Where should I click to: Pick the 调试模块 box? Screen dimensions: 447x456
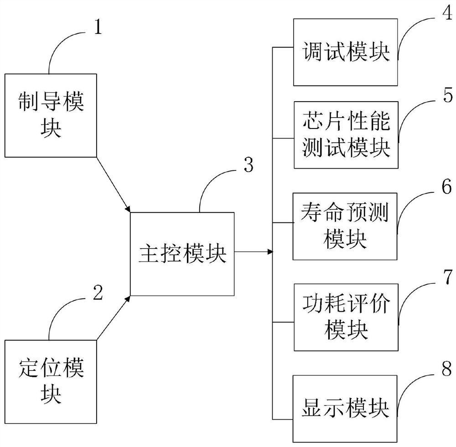[345, 52]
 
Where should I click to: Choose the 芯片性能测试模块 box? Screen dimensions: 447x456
[345, 135]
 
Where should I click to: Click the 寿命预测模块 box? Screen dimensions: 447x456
[345, 226]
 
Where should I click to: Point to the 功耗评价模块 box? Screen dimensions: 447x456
[345, 317]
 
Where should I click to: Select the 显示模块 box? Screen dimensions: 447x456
[345, 408]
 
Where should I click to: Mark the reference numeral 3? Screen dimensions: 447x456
[249, 165]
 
